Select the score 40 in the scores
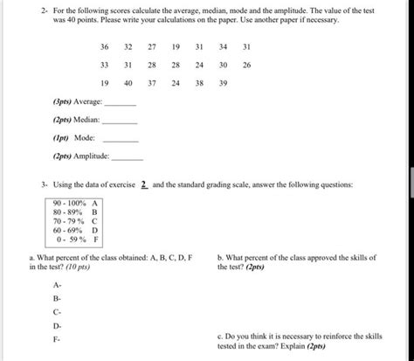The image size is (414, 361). tap(128, 84)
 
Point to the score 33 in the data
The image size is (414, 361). tap(104, 66)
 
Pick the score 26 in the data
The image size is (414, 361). tap(247, 66)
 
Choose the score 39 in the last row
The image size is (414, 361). tap(224, 84)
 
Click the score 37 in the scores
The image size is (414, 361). tap(152, 84)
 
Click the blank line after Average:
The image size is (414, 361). tap(121, 104)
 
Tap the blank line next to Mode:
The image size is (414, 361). tap(121, 140)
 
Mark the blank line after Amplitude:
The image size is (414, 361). tap(128, 158)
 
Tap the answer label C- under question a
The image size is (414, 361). tap(57, 311)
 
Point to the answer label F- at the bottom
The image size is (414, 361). tap(57, 338)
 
